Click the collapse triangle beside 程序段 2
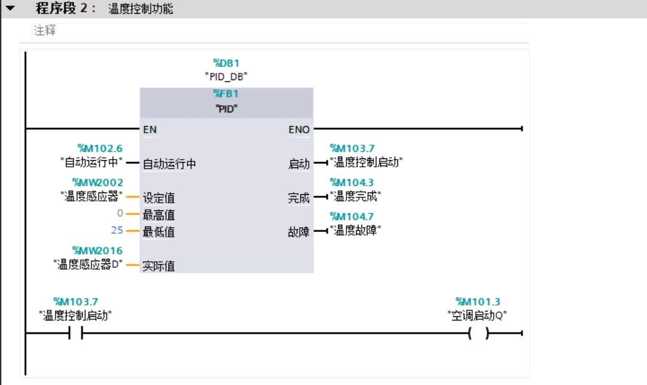(10, 9)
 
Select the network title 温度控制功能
(141, 9)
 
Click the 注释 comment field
(45, 30)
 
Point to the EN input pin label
(150, 129)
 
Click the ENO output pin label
(299, 129)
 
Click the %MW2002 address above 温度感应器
(98, 182)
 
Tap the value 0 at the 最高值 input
(120, 213)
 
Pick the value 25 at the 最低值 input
(117, 230)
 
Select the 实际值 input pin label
(159, 266)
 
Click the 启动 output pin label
(299, 164)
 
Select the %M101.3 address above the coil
(478, 302)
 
